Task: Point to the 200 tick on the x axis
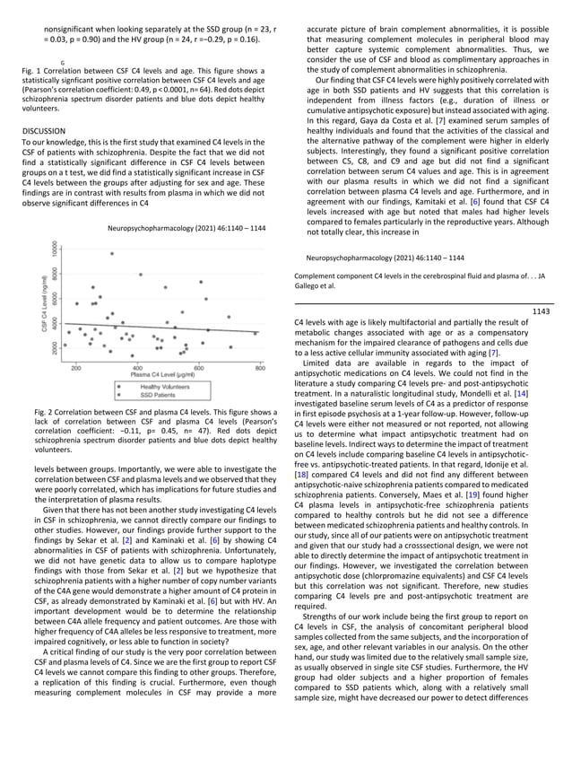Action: pyautogui.click(x=76, y=368)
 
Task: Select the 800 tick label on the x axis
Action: pyautogui.click(x=260, y=368)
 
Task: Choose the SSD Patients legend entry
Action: pyautogui.click(x=158, y=395)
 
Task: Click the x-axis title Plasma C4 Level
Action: pyautogui.click(x=166, y=376)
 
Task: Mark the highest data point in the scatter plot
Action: pyautogui.click(x=112, y=253)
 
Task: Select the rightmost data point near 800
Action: pyautogui.click(x=256, y=333)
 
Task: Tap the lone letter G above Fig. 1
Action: pyautogui.click(x=63, y=62)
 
